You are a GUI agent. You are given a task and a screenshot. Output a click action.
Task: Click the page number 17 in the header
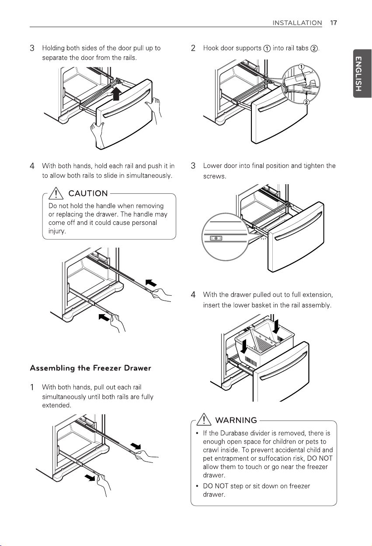point(334,23)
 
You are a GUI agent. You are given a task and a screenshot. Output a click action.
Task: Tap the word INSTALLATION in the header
point(297,23)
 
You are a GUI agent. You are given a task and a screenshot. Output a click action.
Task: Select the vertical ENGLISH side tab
point(362,73)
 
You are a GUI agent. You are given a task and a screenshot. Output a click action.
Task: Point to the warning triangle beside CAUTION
point(56,193)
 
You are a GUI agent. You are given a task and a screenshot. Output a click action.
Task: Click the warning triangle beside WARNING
point(204,420)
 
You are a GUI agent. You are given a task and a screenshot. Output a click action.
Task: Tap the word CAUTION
point(88,193)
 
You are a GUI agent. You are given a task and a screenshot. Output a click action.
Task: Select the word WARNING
point(236,420)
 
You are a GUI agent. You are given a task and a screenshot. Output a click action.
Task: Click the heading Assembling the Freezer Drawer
point(90,368)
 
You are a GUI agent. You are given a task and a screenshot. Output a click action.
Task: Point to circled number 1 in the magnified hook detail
point(301,67)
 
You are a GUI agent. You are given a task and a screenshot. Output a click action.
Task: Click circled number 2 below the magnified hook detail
point(306,102)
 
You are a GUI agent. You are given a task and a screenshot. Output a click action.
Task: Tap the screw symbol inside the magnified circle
point(216,238)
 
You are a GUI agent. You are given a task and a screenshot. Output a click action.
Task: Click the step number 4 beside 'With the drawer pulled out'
point(193,295)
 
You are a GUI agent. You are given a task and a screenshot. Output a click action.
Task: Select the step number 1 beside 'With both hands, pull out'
point(32,387)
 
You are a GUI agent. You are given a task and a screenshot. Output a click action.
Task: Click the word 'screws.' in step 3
point(215,176)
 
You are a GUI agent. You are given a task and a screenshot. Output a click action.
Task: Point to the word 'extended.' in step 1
point(56,406)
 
